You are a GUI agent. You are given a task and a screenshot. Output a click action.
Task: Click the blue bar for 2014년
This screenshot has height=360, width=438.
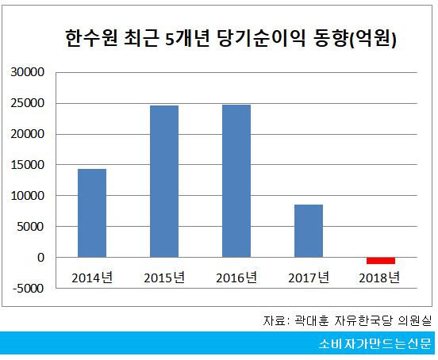pyautogui.click(x=92, y=213)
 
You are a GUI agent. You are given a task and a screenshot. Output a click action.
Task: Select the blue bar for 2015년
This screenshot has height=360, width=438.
pyautogui.click(x=164, y=181)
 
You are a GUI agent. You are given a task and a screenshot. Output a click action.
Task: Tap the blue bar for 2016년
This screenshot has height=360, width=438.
pyautogui.click(x=236, y=181)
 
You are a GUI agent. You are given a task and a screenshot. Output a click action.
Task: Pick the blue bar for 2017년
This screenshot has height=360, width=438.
pyautogui.click(x=309, y=231)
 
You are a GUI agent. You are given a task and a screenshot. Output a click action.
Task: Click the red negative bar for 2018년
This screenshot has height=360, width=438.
pyautogui.click(x=381, y=261)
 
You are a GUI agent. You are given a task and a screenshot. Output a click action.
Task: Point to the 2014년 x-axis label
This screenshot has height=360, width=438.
pyautogui.click(x=92, y=277)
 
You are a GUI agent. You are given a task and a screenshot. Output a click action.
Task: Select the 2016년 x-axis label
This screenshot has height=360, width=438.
pyautogui.click(x=236, y=277)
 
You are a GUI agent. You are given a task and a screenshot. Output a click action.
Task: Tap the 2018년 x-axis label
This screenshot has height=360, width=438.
pyautogui.click(x=381, y=277)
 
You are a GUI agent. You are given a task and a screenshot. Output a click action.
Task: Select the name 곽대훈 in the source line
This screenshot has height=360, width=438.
pyautogui.click(x=312, y=320)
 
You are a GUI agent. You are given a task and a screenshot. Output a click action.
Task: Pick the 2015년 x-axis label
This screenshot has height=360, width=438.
pyautogui.click(x=164, y=277)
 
